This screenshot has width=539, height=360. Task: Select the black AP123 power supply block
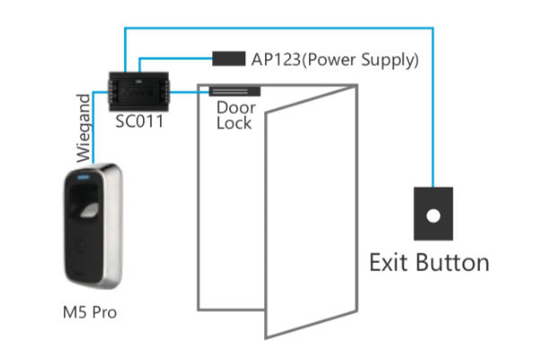(228, 60)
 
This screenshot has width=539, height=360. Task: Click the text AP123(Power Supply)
(333, 61)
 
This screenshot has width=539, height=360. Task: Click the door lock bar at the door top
(234, 91)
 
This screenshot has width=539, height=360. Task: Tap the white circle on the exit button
(433, 216)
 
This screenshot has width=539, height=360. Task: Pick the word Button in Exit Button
(455, 262)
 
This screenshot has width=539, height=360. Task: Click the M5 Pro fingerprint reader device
(94, 228)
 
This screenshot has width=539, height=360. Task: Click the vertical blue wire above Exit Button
(433, 108)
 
